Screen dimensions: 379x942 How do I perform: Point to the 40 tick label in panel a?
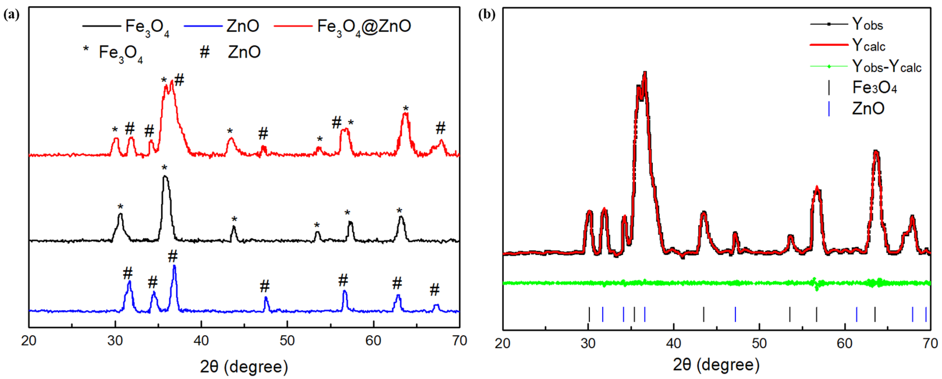tap(201, 341)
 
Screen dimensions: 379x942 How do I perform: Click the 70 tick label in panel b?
tap(930, 343)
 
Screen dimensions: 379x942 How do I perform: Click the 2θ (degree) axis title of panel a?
tap(244, 366)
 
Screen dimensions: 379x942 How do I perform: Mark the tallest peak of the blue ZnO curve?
tap(174, 266)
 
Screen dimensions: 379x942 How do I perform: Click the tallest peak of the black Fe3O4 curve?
tap(165, 177)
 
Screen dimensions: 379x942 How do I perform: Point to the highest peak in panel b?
tap(645, 72)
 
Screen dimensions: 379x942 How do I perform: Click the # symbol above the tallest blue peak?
tap(173, 256)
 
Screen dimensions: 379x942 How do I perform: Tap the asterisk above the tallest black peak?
tap(165, 168)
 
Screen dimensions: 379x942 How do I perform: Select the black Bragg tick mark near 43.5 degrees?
tap(704, 314)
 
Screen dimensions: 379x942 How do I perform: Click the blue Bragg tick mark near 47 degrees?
tap(735, 314)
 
